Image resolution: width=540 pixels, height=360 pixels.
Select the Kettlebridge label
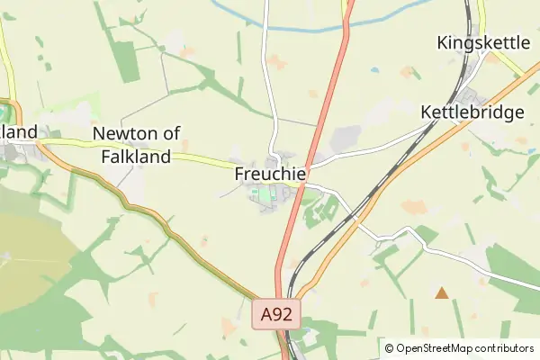(x=472, y=112)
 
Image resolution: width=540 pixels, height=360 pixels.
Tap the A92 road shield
(x=277, y=314)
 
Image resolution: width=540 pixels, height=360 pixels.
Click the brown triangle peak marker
(x=441, y=292)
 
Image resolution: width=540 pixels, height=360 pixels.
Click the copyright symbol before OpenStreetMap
(x=389, y=348)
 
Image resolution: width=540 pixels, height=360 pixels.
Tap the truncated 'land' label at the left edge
(x=19, y=132)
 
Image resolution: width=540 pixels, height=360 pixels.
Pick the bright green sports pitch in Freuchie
(x=261, y=192)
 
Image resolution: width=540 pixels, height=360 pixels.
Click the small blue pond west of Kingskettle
(x=374, y=69)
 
